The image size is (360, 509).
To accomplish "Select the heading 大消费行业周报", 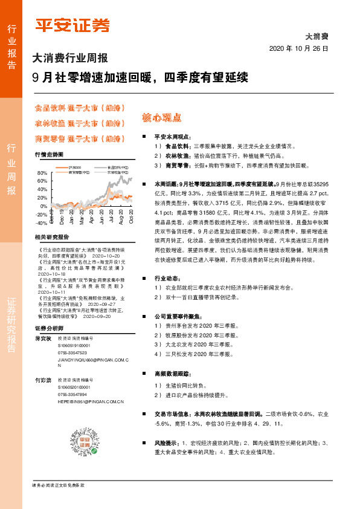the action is coord(70,59).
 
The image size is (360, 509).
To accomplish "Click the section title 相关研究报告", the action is coord(52,237).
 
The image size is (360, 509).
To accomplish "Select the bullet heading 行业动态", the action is coord(167,278).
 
